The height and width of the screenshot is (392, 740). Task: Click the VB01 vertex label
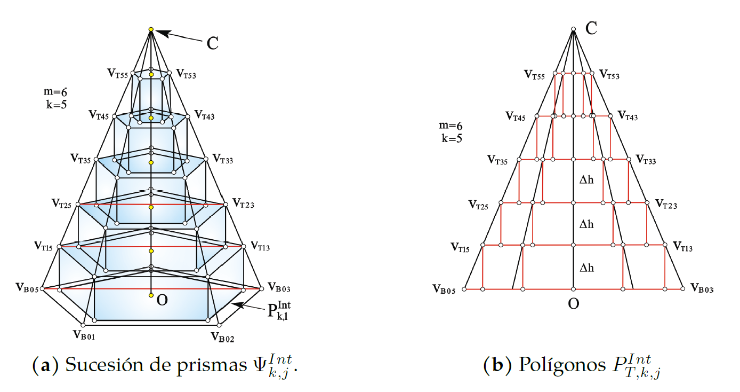pyautogui.click(x=84, y=335)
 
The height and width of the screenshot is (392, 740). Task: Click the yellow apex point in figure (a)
pyautogui.click(x=151, y=29)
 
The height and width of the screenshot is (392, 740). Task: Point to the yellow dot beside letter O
pyautogui.click(x=151, y=295)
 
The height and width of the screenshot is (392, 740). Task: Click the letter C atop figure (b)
pyautogui.click(x=591, y=28)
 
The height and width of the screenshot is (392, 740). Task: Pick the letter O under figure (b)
pyautogui.click(x=573, y=303)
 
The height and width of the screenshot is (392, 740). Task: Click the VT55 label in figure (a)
pyautogui.click(x=117, y=75)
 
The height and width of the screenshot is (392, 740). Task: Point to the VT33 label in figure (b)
pyautogui.click(x=646, y=160)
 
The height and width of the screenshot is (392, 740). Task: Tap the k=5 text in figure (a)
pyautogui.click(x=56, y=104)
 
